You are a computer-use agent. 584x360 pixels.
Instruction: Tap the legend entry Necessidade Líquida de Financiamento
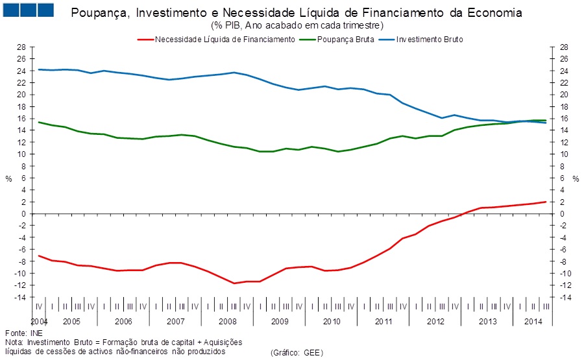[x=225, y=39]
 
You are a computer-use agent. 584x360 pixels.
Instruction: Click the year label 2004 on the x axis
[x=39, y=321]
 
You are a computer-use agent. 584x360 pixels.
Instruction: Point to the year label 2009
[x=279, y=321]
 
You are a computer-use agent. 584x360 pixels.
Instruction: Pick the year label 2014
[x=533, y=321]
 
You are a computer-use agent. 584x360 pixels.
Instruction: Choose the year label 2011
[x=383, y=321]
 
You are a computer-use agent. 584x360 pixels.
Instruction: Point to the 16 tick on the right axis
[x=563, y=119]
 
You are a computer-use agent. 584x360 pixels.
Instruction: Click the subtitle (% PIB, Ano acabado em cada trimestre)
[x=297, y=25]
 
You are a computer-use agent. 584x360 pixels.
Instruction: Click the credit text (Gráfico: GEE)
[x=297, y=352]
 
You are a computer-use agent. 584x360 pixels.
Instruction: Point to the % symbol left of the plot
[x=8, y=178]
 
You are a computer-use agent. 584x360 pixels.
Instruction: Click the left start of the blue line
[x=39, y=69]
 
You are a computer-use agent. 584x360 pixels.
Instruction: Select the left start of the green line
[x=39, y=122]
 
